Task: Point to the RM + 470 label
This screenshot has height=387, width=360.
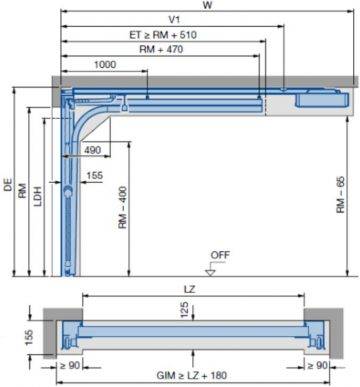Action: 155,48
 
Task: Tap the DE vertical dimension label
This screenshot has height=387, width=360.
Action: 8,184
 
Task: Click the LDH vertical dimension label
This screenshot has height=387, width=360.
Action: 37,196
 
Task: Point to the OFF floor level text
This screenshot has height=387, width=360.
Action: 219,255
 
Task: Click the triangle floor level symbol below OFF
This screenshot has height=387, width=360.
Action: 210,268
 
